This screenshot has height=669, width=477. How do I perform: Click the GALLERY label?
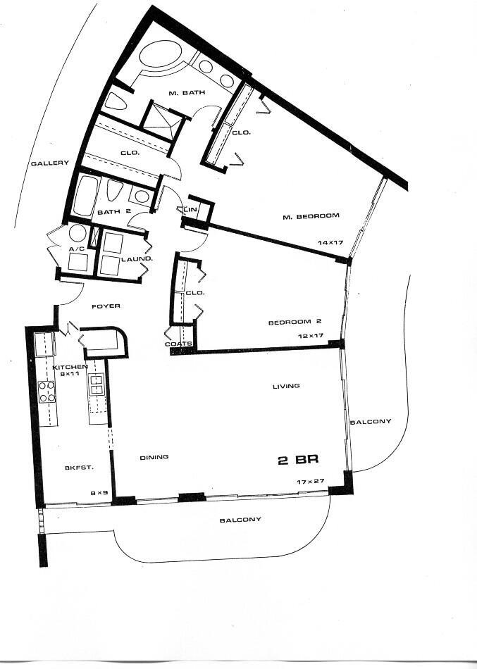[x=49, y=163]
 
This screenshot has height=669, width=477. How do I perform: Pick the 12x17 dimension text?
[x=310, y=336]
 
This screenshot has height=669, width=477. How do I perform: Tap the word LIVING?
[x=287, y=386]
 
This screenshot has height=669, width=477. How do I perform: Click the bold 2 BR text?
[x=299, y=460]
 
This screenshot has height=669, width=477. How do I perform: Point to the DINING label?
[x=154, y=457]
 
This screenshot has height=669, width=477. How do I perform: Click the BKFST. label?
[x=75, y=468]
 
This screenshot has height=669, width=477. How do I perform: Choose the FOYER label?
[x=106, y=306]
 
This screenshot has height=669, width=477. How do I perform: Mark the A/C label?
[x=76, y=249]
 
